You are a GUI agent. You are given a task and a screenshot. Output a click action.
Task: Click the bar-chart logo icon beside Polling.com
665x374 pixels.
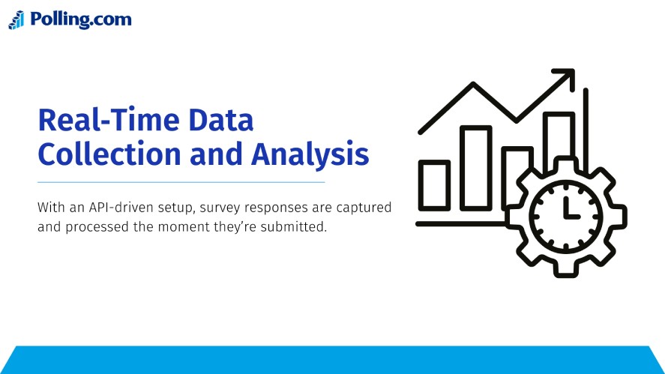pos(16,20)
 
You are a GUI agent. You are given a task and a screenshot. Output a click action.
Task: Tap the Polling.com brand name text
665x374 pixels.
pos(80,19)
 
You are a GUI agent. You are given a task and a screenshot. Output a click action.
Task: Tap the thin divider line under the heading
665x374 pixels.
pos(181,182)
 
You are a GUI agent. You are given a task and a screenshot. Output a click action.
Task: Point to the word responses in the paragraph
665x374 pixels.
pos(267,208)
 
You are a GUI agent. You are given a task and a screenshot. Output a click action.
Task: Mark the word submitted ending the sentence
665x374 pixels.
pos(297,226)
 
